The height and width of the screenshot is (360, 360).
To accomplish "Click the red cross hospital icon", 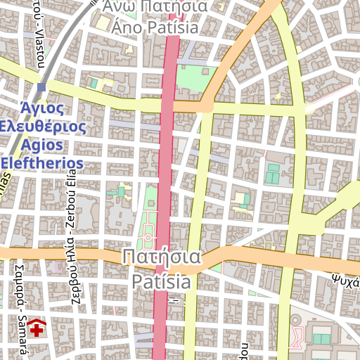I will [37, 328].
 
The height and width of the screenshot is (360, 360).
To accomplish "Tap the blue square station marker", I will [42, 87].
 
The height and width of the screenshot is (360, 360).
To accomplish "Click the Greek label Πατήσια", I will [161, 257].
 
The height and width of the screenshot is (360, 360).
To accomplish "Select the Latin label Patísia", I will [161, 282].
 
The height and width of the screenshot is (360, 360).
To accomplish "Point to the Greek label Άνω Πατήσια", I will [155, 7].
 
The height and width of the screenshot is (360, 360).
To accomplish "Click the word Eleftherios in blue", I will [42, 164].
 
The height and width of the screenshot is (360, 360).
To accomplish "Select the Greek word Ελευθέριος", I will [44, 127].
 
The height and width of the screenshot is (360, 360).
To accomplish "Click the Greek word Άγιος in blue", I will [42, 109].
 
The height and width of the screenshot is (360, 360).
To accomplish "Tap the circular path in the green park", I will [149, 238].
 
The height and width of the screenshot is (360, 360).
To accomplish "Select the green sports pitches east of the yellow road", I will [272, 173].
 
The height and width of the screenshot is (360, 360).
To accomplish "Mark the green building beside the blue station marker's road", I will [94, 84].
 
